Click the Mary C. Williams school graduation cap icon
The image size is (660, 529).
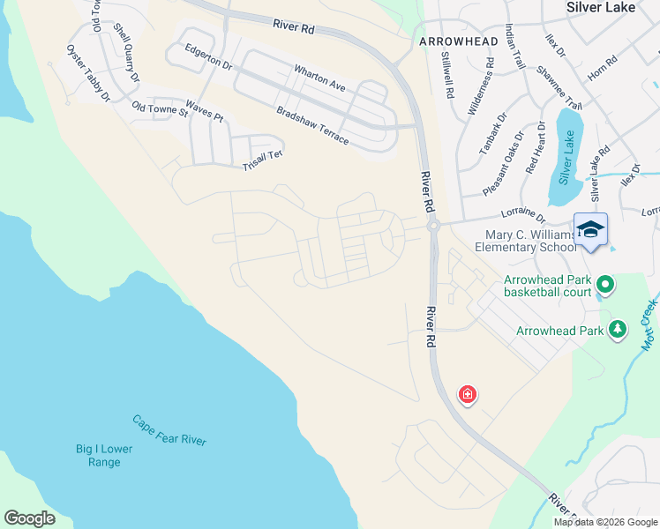590,229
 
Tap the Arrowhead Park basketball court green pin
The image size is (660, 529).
604,284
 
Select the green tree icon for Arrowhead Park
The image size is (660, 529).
618,330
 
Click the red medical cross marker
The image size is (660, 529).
467,394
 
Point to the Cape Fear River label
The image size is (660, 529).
169,430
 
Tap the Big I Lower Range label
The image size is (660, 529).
104,455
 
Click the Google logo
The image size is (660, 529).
29,518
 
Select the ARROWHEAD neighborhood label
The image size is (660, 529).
452,41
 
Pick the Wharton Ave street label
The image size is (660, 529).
319,78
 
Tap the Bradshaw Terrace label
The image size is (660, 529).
312,124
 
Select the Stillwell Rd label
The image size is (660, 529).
446,74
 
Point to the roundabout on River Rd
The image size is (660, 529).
432,227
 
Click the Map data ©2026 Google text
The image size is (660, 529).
605,522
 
